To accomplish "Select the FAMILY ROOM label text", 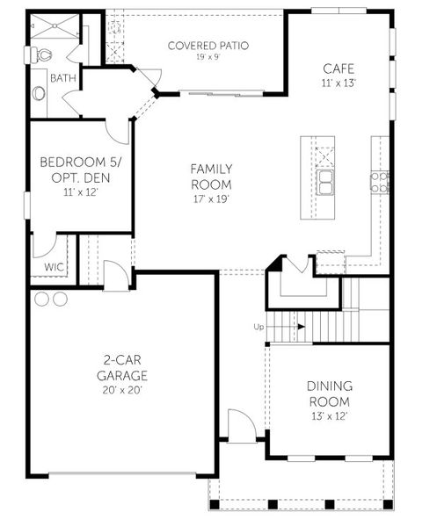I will tap(211, 177).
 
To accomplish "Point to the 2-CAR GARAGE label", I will tap(121, 367).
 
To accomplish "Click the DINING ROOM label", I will tap(330, 393).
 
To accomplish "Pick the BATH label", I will tap(62, 78).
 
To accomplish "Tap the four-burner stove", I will tap(380, 182).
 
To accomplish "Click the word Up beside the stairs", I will tap(259, 327).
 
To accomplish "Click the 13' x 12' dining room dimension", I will tap(330, 415).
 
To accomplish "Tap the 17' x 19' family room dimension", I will tap(211, 199).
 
